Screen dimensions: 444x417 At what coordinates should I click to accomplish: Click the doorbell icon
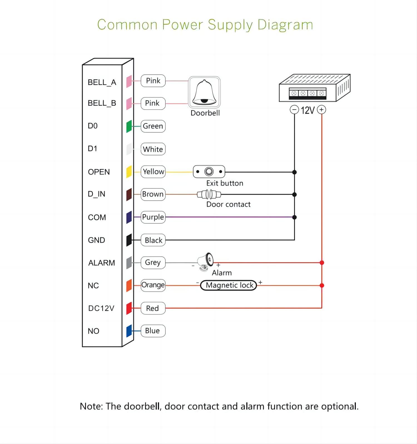point(204,92)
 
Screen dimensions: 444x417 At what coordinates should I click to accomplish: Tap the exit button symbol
point(209,172)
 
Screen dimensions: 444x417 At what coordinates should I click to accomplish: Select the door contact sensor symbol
point(209,194)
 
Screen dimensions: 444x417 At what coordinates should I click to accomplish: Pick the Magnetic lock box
point(228,285)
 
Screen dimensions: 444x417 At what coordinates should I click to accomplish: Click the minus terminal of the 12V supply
point(294,110)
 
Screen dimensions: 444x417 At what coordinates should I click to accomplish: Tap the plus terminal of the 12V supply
point(322,110)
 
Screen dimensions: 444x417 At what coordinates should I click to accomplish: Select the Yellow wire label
point(153,172)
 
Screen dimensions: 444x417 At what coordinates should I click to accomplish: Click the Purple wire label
point(153,217)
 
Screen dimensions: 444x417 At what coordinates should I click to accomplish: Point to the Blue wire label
point(153,331)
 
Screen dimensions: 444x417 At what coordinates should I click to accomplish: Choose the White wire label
point(153,149)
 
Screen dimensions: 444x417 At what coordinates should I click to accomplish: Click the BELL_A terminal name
point(102,82)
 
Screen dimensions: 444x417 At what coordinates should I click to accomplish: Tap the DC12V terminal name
point(101,308)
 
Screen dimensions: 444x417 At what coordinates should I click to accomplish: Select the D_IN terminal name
point(96,194)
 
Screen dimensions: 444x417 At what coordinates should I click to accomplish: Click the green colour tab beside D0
point(129,127)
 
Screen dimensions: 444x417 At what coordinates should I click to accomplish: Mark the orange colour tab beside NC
point(129,286)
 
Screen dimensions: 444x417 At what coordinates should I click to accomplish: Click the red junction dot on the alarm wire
point(322,263)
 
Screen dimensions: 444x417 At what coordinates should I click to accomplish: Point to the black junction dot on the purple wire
point(295,217)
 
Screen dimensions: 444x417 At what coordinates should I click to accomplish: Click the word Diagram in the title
point(285,25)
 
